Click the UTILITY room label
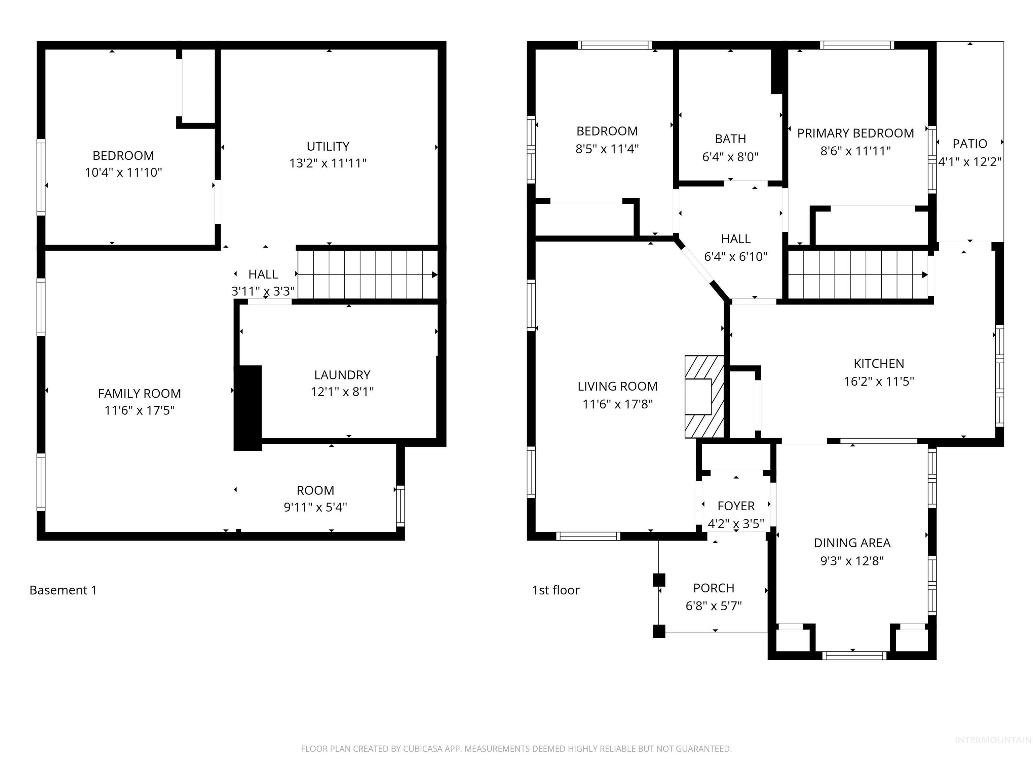(328, 146)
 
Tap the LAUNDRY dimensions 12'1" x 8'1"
(342, 392)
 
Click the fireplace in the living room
(704, 397)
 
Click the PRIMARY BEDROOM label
(855, 133)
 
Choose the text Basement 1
(63, 590)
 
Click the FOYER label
(736, 506)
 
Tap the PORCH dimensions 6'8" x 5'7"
(714, 606)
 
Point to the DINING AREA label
(852, 543)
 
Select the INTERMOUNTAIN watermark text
(992, 739)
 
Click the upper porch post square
(658, 580)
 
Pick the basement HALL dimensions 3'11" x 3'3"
(263, 292)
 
